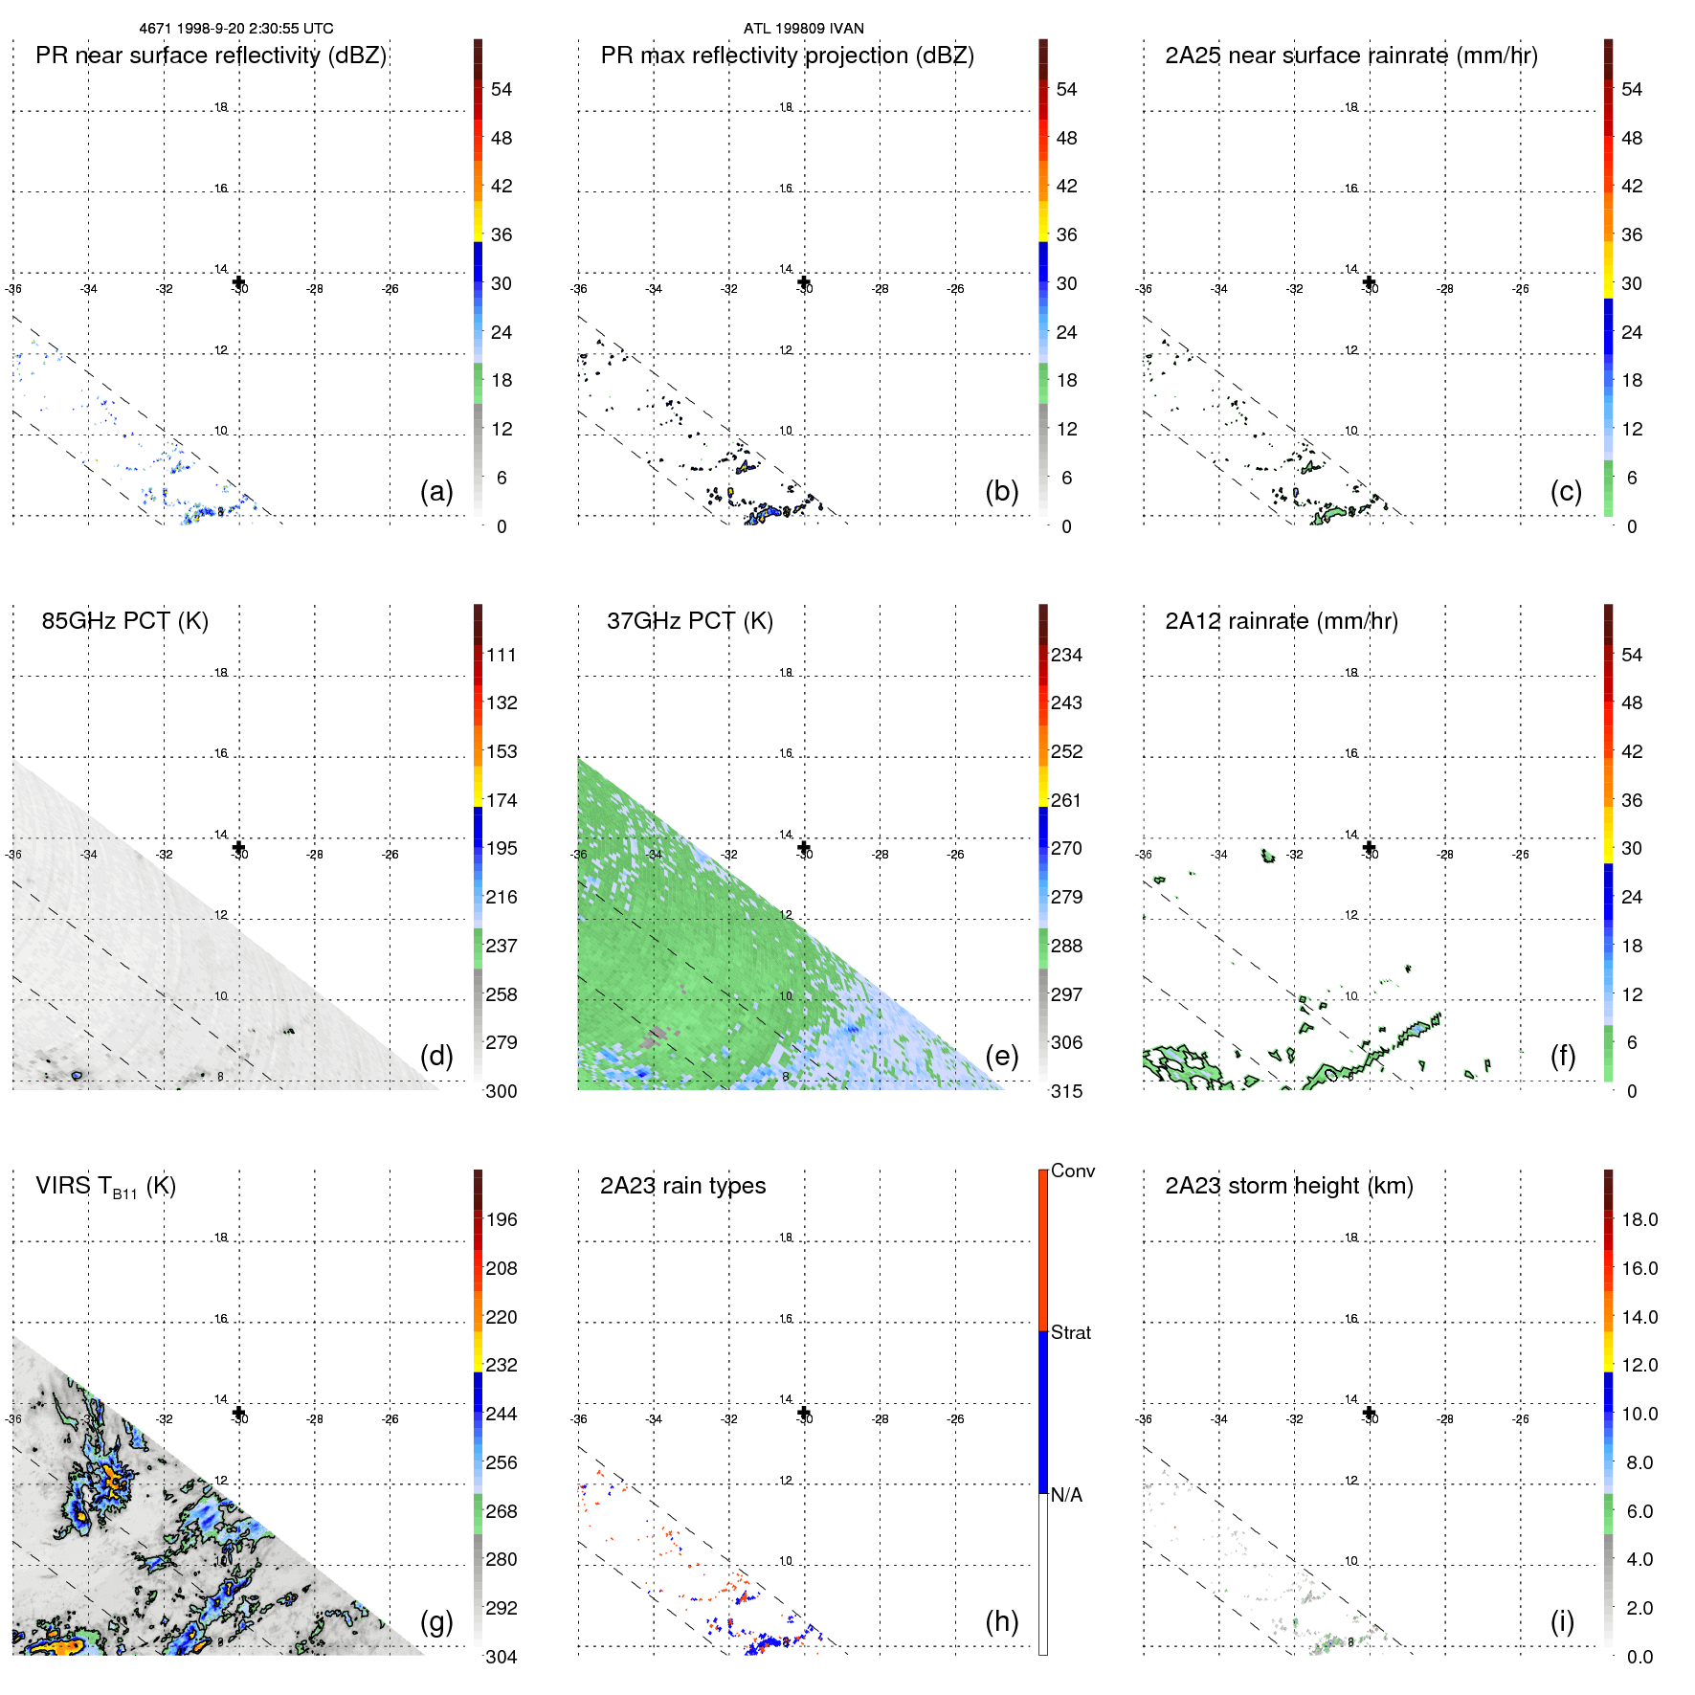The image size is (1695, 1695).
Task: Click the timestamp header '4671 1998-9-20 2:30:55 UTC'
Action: pyautogui.click(x=236, y=29)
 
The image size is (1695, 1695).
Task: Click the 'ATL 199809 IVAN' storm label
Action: pyautogui.click(x=803, y=29)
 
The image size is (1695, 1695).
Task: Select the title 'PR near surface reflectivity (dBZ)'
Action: pyautogui.click(x=211, y=56)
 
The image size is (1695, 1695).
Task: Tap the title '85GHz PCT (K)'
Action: pyautogui.click(x=124, y=621)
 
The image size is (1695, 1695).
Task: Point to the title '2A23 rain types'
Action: pyautogui.click(x=682, y=1186)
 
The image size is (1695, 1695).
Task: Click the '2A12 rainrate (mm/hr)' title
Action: pyautogui.click(x=1281, y=621)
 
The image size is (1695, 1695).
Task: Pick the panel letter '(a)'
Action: pyautogui.click(x=436, y=491)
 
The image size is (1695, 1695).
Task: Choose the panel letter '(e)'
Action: pyautogui.click(x=1001, y=1056)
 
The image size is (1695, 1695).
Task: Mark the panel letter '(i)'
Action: pyautogui.click(x=1562, y=1621)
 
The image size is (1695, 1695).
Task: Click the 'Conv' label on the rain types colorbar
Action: pyautogui.click(x=1072, y=1171)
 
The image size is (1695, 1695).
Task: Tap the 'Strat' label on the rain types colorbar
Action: pyautogui.click(x=1070, y=1332)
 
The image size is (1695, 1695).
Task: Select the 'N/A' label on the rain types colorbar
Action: pyautogui.click(x=1066, y=1495)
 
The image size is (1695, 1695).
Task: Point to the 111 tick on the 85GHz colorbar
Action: pyautogui.click(x=501, y=655)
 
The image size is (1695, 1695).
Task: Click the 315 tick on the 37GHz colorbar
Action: pyautogui.click(x=1066, y=1091)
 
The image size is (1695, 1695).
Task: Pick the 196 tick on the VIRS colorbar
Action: pyautogui.click(x=501, y=1219)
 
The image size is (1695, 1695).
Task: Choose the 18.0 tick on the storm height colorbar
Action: pyautogui.click(x=1639, y=1219)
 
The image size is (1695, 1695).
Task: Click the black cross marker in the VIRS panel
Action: pyautogui.click(x=238, y=1413)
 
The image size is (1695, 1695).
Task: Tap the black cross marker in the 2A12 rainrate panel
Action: pyautogui.click(x=1369, y=847)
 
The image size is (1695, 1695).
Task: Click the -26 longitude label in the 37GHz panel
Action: pyautogui.click(x=955, y=855)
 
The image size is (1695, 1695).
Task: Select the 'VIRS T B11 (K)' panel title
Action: pyautogui.click(x=105, y=1187)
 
